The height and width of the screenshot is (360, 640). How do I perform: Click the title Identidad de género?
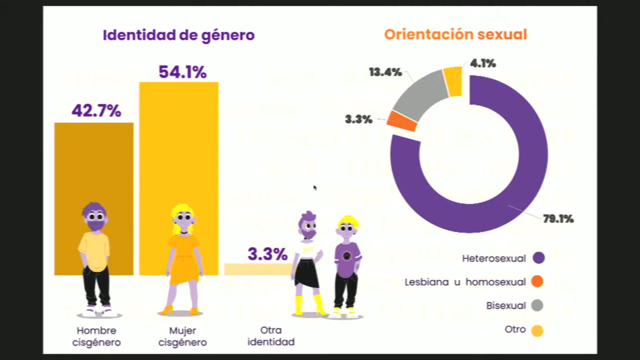(179, 35)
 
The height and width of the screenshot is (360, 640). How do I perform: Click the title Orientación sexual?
(455, 35)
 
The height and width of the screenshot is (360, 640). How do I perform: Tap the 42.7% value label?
(96, 111)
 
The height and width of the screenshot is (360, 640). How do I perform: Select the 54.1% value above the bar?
(182, 72)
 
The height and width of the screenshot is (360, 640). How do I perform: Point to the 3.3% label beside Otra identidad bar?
(267, 254)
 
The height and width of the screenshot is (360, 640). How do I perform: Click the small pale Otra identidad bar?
(257, 269)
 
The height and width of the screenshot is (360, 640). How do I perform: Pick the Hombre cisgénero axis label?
(96, 336)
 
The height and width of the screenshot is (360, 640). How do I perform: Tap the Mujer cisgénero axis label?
(182, 336)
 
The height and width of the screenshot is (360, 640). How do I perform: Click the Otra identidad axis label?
(271, 336)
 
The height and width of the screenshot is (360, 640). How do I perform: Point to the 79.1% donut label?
(558, 219)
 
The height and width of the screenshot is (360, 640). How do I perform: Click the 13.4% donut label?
(385, 72)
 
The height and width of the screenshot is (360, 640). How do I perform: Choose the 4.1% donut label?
(483, 63)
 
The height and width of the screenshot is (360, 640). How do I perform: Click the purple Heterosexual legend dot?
(538, 258)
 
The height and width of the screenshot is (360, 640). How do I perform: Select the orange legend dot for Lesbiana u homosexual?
(537, 282)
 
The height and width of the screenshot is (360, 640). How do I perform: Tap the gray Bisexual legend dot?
(537, 305)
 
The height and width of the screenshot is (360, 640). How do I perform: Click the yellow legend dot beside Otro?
(537, 331)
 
